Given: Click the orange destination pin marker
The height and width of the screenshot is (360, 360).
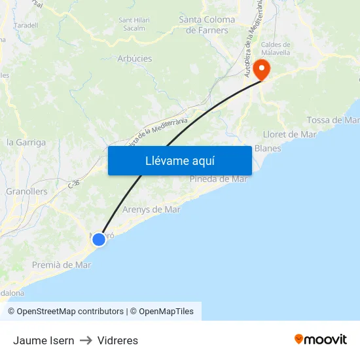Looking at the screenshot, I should [x=262, y=69].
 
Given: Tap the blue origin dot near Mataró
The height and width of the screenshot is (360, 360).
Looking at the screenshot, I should [x=99, y=239].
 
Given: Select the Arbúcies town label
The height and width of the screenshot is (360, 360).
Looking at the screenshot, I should [x=134, y=58].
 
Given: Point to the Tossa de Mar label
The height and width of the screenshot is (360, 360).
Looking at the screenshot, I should [x=333, y=120].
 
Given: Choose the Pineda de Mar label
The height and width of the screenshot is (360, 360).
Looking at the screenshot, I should [x=218, y=179].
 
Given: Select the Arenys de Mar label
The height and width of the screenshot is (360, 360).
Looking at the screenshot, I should [x=151, y=209].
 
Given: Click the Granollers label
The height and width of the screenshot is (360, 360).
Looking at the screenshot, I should [x=27, y=192].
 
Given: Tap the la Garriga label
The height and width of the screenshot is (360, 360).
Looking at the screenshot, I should [x=26, y=142].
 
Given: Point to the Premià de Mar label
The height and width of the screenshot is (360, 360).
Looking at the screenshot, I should [x=62, y=265].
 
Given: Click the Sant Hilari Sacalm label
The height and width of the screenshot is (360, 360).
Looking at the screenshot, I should [x=134, y=24].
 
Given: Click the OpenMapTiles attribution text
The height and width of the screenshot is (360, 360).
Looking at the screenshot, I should [x=166, y=312].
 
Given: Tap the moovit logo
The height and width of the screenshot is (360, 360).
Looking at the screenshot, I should [x=321, y=340].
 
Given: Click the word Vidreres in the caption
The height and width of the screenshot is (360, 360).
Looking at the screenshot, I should [x=118, y=340].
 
